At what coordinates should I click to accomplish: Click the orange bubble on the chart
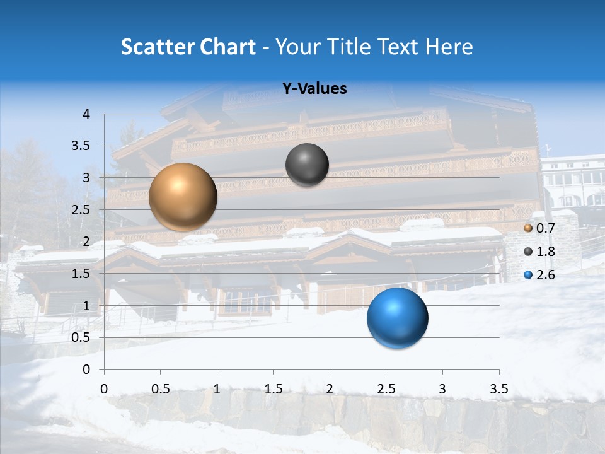(x=183, y=197)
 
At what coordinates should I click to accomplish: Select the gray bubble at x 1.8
(x=307, y=165)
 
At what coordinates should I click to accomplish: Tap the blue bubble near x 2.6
(x=397, y=318)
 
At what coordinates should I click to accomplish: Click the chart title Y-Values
(x=314, y=89)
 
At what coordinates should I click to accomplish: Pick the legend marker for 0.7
(x=528, y=228)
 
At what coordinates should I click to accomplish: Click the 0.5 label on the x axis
(x=161, y=388)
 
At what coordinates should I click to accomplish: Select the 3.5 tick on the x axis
(x=499, y=388)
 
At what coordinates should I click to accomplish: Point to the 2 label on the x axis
(x=330, y=388)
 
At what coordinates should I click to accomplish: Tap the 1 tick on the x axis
(x=217, y=388)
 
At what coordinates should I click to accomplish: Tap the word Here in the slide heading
(x=448, y=47)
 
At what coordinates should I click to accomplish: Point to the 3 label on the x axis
(x=442, y=388)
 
